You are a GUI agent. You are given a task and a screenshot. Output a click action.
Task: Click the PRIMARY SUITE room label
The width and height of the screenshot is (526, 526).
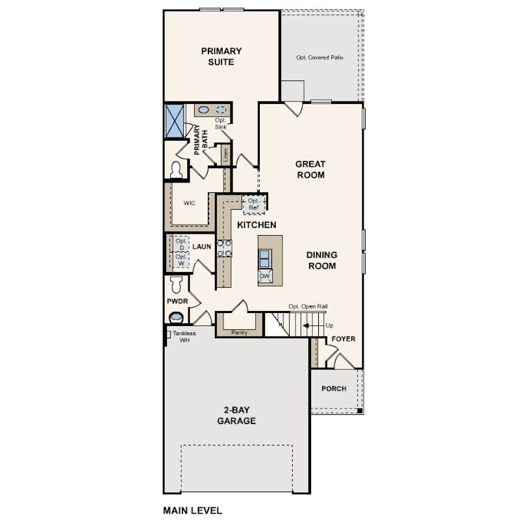click(x=221, y=56)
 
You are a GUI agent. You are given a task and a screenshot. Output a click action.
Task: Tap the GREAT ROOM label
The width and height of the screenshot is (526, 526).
click(x=310, y=169)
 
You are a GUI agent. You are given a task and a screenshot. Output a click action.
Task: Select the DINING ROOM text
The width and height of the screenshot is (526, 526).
click(x=321, y=260)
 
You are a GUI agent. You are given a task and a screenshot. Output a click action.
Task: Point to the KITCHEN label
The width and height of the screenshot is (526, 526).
click(x=257, y=225)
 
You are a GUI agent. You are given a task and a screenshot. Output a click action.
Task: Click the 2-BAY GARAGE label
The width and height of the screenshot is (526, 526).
click(x=236, y=416)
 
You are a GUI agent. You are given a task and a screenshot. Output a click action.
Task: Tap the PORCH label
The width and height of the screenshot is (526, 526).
click(x=334, y=388)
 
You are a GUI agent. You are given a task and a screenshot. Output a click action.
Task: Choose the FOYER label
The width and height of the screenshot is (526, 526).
click(x=343, y=339)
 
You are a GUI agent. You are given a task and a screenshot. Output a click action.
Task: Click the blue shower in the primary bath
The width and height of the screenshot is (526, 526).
click(x=175, y=121)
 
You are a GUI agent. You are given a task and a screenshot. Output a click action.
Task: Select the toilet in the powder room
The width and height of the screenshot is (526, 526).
click(x=176, y=284)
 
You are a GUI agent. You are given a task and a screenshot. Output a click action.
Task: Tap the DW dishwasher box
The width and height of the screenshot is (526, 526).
click(x=265, y=277)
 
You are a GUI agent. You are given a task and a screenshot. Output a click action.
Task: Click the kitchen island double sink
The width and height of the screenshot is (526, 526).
click(x=265, y=258)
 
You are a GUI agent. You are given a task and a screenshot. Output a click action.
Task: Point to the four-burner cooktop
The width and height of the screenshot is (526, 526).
click(x=224, y=248)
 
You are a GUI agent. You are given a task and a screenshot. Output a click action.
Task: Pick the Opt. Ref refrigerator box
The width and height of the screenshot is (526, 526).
click(x=254, y=205)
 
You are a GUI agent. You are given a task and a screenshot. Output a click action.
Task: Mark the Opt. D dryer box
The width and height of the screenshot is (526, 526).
click(x=181, y=244)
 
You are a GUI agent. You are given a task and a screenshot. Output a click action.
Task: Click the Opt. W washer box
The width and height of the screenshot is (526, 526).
click(x=181, y=260)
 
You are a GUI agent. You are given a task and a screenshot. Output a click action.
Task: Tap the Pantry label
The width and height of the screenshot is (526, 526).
click(x=239, y=332)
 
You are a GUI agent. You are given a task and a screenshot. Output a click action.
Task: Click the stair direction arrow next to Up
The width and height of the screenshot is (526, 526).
click(x=310, y=325)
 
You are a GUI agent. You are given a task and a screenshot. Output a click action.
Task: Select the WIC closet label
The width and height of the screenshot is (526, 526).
click(x=189, y=203)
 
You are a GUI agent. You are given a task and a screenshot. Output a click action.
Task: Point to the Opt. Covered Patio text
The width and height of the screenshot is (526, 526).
click(x=319, y=58)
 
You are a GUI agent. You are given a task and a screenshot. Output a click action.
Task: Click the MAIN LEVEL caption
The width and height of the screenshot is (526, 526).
click(x=193, y=510)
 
